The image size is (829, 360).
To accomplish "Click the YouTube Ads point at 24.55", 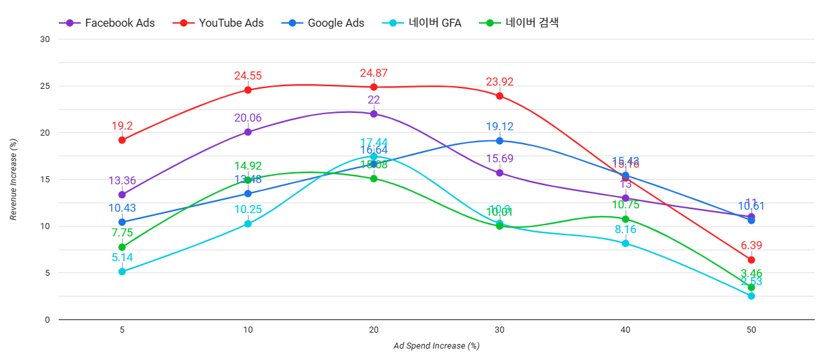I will [248, 89].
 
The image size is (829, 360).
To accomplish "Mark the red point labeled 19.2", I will [122, 140].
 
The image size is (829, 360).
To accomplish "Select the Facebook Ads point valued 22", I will [373, 114].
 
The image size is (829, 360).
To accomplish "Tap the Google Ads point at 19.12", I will [500, 141].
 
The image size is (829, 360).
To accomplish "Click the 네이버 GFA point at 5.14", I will [122, 272].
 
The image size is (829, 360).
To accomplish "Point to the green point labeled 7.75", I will [122, 247].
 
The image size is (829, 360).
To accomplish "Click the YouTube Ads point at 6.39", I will [751, 260].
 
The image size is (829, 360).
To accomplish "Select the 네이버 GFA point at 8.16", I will [625, 243].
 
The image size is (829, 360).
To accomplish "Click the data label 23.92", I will [500, 82].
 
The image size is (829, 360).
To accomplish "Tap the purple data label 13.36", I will [122, 180].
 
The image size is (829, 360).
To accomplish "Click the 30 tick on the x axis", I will [500, 330].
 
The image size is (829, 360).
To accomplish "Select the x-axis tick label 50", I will [751, 330].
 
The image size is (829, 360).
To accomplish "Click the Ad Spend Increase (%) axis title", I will [436, 346].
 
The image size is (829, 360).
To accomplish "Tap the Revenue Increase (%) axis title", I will [13, 179].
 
